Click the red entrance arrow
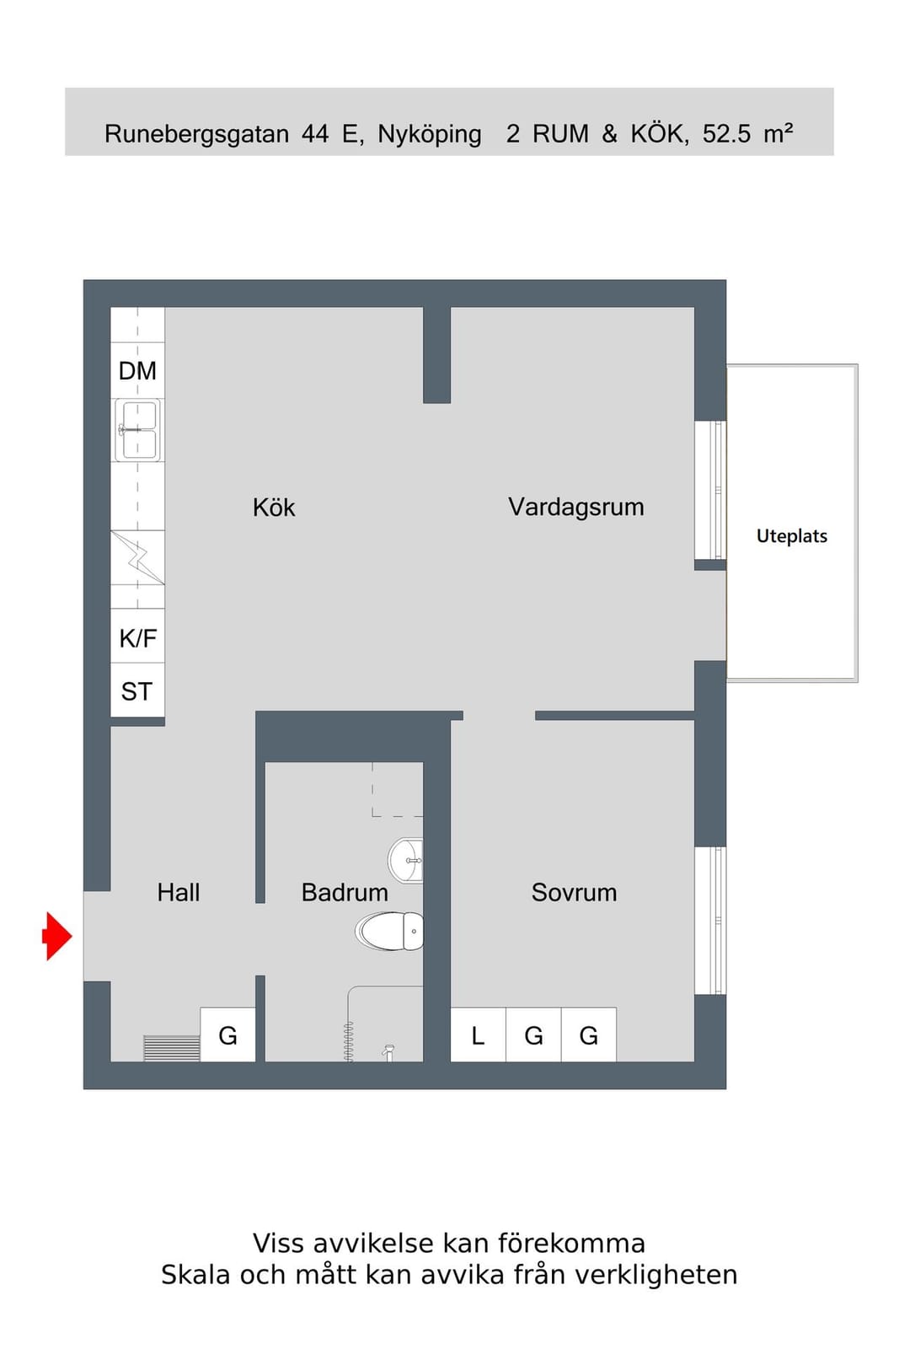point(58,936)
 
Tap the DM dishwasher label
point(137,371)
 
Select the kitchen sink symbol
point(138,430)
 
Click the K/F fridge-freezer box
point(138,636)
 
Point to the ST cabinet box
point(138,691)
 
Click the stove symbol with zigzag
point(138,557)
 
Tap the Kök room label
point(274,508)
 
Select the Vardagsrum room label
point(575,507)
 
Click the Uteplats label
point(791,536)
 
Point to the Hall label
point(178,893)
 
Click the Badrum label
point(345,893)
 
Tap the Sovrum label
point(574,893)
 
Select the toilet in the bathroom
point(389,931)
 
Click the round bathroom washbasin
point(405,861)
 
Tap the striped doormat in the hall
point(172,1049)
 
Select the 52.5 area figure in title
point(726,134)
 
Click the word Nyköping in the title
point(429,134)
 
